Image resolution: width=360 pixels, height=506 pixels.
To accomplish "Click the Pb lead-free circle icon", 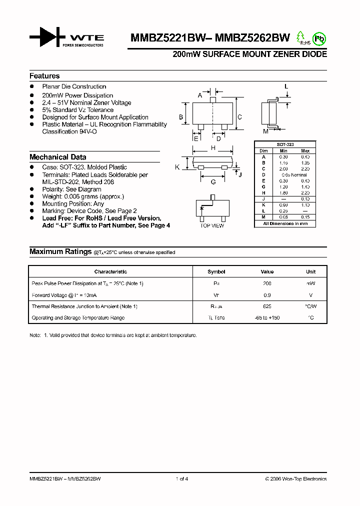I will [318, 38].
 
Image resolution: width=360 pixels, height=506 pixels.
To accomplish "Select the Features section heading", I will [44, 76].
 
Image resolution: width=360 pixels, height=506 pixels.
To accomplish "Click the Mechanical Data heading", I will [57, 157].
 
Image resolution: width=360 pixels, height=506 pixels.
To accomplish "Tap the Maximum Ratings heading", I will [60, 252].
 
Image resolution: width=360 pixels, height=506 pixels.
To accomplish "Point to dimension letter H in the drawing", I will [213, 148].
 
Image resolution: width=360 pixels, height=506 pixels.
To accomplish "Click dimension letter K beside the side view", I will [177, 167].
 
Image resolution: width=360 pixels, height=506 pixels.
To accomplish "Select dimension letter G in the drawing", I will [213, 182].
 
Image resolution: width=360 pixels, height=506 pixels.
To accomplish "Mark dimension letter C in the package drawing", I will [239, 117].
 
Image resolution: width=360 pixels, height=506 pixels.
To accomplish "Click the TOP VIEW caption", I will [212, 226].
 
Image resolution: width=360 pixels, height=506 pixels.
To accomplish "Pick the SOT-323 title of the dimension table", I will [285, 144].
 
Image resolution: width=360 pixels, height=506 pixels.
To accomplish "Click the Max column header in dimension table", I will [305, 150].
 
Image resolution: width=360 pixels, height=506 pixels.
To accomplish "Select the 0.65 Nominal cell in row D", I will [294, 174].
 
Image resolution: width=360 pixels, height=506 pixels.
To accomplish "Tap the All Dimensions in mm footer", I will [285, 223].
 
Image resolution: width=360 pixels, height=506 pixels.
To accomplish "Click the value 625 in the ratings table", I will [267, 306].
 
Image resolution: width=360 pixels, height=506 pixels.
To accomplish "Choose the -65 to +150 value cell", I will [267, 317].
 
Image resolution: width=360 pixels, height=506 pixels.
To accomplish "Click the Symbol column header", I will [216, 272].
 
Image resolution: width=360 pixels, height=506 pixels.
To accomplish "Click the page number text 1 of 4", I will [182, 479].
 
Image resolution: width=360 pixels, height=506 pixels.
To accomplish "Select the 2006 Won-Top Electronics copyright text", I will [295, 479].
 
